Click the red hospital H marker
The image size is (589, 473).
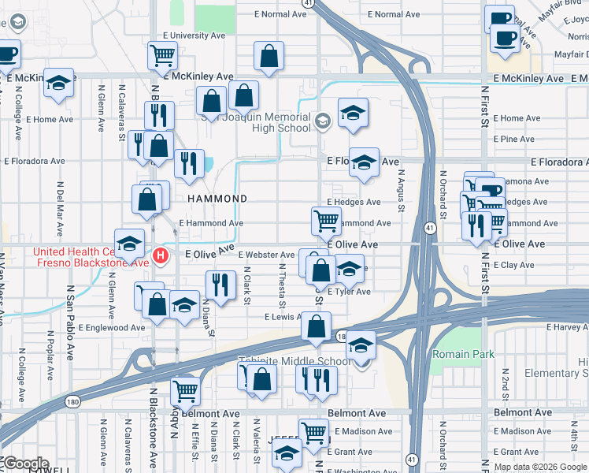click(161, 255)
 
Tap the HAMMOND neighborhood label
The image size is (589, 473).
click(216, 199)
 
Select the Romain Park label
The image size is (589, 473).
click(463, 354)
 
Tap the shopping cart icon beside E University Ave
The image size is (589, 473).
click(162, 56)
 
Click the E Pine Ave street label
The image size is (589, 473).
click(513, 139)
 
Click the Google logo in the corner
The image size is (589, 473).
click(25, 464)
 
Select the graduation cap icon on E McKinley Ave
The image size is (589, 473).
click(58, 83)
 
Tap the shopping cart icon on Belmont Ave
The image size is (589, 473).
click(186, 389)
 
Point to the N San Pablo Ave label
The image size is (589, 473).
click(69, 337)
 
